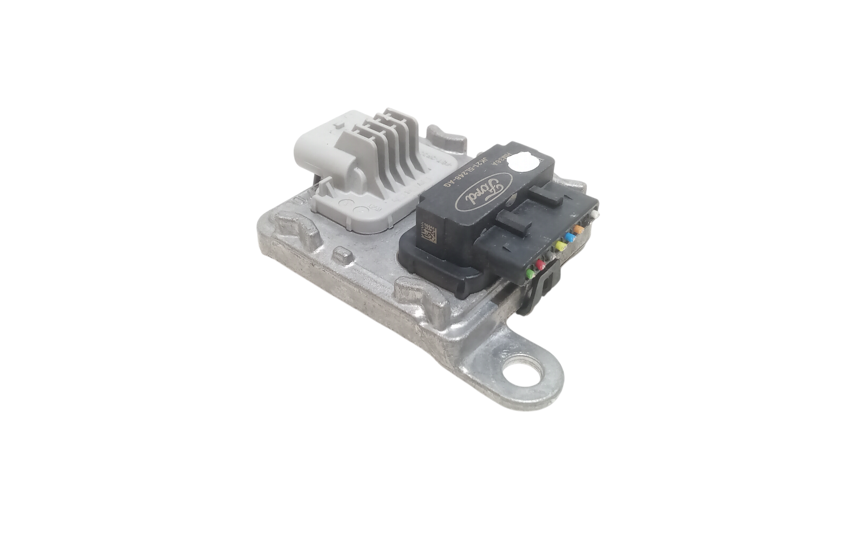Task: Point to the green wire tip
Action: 530,273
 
